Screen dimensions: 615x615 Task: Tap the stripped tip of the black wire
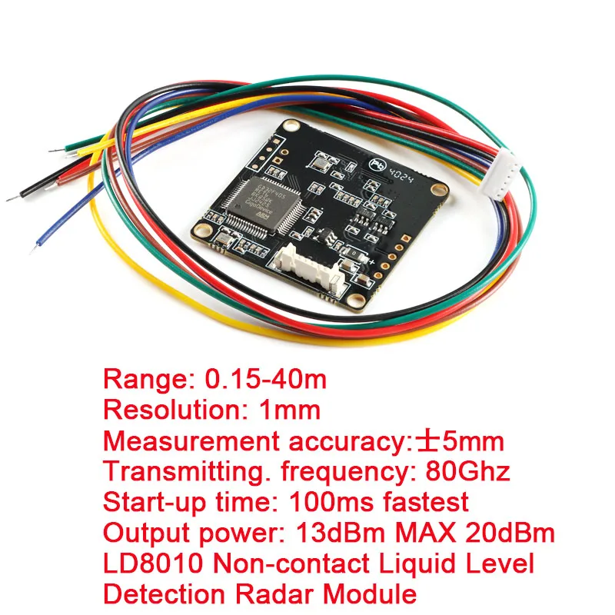point(12,198)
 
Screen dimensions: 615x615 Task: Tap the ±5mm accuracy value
point(460,442)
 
